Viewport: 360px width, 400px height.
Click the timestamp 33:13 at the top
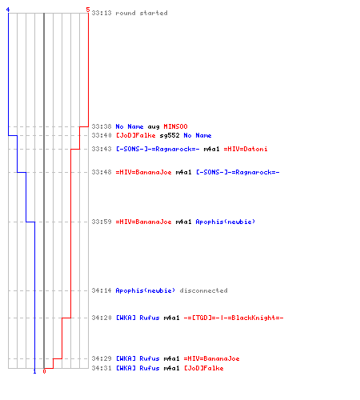(x=102, y=13)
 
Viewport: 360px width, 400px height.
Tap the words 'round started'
(x=142, y=13)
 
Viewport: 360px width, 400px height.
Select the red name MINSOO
(x=175, y=126)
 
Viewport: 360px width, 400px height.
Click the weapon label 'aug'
(x=154, y=127)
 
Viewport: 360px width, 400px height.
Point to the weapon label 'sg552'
(x=170, y=136)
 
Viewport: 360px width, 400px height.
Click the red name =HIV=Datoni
(x=246, y=149)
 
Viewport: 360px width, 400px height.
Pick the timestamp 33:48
(x=102, y=172)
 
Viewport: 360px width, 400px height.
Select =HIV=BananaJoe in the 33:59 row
(x=143, y=222)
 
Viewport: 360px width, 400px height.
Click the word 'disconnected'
(x=203, y=290)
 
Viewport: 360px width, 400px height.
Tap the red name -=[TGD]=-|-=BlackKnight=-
(x=234, y=318)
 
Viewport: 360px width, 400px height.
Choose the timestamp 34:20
(x=102, y=318)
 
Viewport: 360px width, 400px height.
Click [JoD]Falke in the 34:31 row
(x=204, y=368)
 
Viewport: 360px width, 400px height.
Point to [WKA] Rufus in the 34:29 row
(x=138, y=358)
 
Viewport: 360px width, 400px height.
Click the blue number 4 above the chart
(x=8, y=10)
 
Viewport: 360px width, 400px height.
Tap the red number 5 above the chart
(x=88, y=10)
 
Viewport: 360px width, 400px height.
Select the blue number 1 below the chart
(x=34, y=371)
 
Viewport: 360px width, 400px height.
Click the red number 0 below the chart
(x=44, y=371)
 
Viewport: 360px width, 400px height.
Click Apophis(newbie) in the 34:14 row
(x=146, y=290)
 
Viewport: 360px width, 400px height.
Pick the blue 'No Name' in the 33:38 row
(x=130, y=126)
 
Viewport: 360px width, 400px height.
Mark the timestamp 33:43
(x=102, y=149)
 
